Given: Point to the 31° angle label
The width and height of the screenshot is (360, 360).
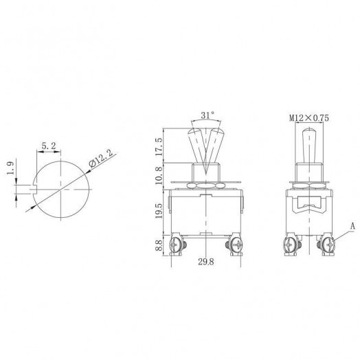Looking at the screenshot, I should pos(207,115).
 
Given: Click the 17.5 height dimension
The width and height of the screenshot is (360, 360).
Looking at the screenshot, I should pos(160,146).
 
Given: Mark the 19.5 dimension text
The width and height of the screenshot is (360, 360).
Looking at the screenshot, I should pos(160,210).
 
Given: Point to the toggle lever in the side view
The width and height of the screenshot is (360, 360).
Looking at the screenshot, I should pos(304,144).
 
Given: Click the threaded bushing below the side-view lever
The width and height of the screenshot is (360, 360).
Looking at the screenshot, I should pos(304,172).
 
